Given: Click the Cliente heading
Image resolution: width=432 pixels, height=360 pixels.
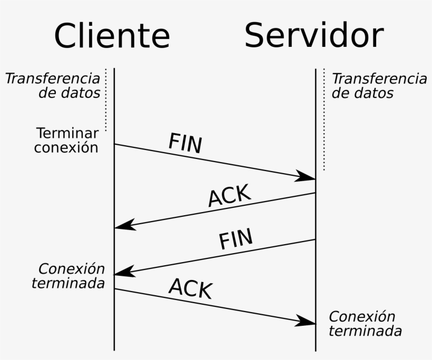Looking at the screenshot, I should click(112, 36).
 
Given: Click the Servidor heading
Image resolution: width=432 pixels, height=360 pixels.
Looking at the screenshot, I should click(313, 36).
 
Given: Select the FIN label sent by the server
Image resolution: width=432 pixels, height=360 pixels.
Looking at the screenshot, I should click(236, 239).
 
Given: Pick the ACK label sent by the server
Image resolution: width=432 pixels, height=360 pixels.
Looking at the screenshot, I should click(229, 196).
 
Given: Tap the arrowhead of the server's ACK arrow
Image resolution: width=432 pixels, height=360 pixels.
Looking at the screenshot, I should click(123, 225).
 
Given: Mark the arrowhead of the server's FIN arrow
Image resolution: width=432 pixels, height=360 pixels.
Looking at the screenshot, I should click(123, 272).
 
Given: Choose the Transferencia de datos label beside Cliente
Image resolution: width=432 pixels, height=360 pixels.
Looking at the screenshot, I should click(52, 86).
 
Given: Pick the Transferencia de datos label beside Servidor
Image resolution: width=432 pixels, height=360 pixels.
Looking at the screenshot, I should click(379, 86).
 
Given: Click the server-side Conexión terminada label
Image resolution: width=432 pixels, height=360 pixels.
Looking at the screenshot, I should click(365, 324).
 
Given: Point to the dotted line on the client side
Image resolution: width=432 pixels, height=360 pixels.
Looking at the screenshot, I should click(106, 100).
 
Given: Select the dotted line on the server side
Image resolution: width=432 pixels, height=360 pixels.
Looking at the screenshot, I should click(324, 121).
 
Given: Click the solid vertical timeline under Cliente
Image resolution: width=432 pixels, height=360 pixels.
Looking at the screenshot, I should click(114, 247).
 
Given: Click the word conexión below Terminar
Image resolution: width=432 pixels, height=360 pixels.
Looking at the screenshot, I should click(66, 147).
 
